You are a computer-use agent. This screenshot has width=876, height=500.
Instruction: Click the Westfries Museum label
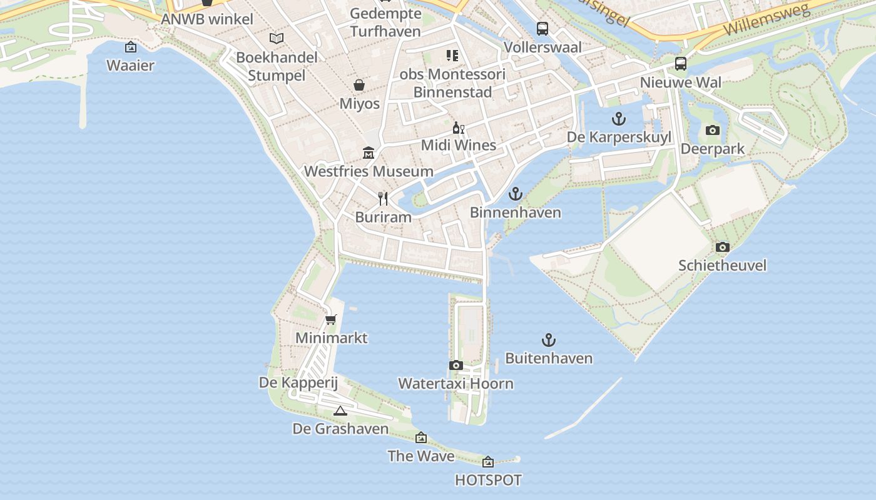click(x=369, y=171)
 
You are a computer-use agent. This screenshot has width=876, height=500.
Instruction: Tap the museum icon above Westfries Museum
click(x=369, y=153)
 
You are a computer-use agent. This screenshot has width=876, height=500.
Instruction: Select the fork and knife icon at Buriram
click(x=383, y=199)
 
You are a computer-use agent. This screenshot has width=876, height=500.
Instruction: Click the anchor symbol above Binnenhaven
click(x=515, y=194)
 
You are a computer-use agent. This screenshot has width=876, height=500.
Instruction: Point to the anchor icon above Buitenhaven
click(x=548, y=340)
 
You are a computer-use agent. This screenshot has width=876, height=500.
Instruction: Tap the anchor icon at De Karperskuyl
click(x=618, y=119)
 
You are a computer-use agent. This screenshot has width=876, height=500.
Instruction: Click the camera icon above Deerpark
click(x=712, y=130)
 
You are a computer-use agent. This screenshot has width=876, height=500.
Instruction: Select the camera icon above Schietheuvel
click(x=722, y=247)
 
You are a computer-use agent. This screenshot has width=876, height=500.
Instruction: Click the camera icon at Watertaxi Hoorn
click(x=456, y=365)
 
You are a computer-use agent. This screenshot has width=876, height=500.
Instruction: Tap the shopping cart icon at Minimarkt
click(x=331, y=320)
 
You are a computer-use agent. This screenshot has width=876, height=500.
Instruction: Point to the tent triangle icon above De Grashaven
click(x=340, y=411)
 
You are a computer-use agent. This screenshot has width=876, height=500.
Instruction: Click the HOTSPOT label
click(x=488, y=480)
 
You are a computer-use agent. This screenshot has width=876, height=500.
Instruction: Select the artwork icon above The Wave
click(x=421, y=437)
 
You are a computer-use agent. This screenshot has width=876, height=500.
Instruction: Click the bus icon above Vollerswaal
click(x=542, y=29)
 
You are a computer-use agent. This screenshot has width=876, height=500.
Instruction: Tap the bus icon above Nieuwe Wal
click(x=680, y=64)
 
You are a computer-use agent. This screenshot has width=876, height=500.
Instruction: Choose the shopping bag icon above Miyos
click(x=359, y=85)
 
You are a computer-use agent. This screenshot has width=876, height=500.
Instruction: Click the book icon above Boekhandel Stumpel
click(x=276, y=38)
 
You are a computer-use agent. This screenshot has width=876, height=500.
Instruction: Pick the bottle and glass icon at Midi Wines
click(x=459, y=127)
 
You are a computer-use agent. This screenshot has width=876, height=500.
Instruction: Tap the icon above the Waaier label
click(x=130, y=47)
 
